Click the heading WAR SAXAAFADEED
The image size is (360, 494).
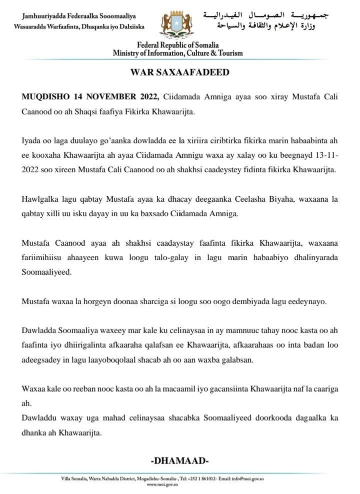[179, 72]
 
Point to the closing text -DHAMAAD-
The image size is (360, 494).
[179, 460]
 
